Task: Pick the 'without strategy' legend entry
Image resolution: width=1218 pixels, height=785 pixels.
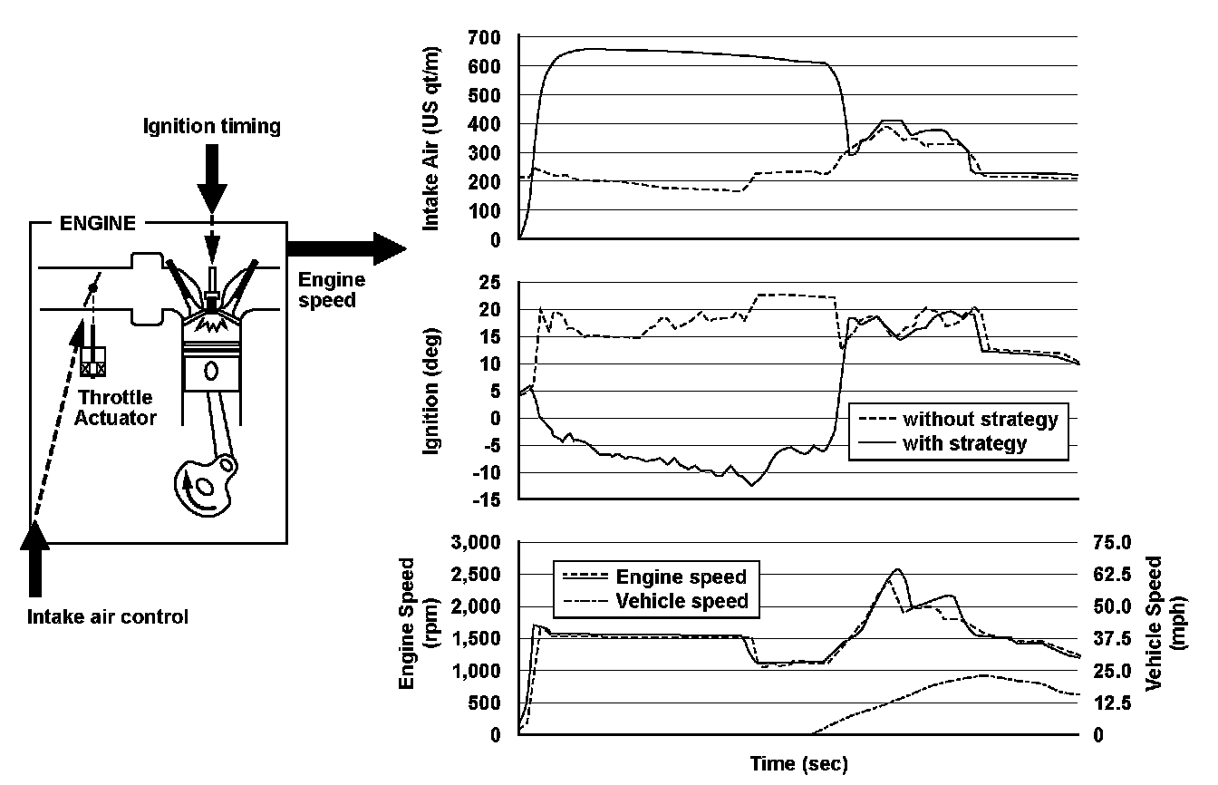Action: (980, 420)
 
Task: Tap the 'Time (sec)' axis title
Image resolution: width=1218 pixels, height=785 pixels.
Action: (798, 765)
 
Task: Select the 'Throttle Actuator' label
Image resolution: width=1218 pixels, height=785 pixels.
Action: (117, 407)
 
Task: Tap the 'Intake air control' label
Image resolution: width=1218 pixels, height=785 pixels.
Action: (108, 618)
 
